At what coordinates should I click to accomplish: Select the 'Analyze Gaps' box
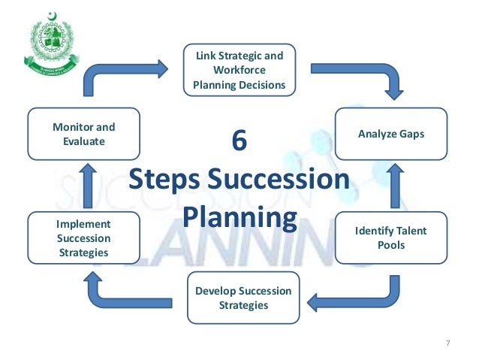coord(390,134)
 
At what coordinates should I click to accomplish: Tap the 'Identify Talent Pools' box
coord(390,237)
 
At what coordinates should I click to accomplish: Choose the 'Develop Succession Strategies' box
coord(243,298)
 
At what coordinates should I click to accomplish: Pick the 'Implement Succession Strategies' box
coord(83,237)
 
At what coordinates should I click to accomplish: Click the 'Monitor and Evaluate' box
coord(83,134)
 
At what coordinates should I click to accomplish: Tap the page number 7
coord(447,343)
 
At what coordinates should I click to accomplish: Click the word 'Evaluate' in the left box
coord(83,141)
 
